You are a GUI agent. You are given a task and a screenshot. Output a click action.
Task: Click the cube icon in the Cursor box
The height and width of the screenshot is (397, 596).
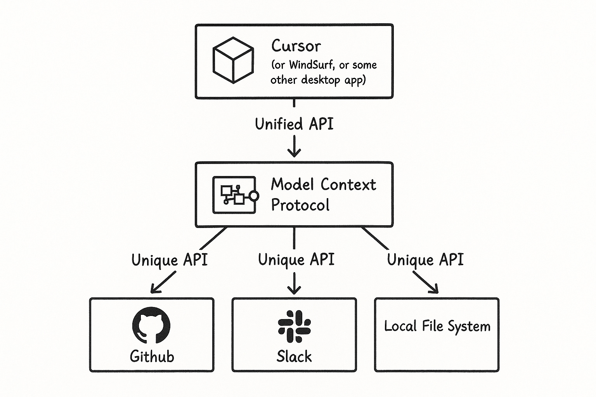click(233, 60)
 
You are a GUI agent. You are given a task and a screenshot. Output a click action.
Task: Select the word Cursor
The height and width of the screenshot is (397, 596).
click(296, 46)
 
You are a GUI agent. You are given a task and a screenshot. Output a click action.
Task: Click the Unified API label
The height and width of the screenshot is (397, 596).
click(294, 124)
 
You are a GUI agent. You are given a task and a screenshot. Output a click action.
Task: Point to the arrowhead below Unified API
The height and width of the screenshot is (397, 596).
click(294, 154)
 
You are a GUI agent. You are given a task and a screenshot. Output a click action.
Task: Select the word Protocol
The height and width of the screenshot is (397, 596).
click(300, 205)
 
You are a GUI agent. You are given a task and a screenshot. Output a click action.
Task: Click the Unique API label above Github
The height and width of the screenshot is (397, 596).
click(170, 260)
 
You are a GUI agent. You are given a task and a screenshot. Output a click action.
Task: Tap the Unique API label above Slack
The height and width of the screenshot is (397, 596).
click(296, 260)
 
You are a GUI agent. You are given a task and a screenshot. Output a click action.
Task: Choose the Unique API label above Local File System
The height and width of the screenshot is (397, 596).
click(425, 260)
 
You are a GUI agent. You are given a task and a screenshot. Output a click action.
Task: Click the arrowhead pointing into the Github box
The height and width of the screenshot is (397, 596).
click(154, 289)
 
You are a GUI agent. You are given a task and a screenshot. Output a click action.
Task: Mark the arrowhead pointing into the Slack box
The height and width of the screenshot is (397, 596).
click(294, 290)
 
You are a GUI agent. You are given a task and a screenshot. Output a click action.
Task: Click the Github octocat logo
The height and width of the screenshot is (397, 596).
click(151, 325)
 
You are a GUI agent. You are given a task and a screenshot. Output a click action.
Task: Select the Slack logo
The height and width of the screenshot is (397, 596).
click(294, 326)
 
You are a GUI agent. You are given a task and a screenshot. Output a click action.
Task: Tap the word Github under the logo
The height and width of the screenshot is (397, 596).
click(152, 356)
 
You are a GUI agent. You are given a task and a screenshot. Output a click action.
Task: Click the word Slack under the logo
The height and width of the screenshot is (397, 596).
click(294, 356)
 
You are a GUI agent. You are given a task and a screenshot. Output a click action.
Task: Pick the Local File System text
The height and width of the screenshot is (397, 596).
click(437, 326)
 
